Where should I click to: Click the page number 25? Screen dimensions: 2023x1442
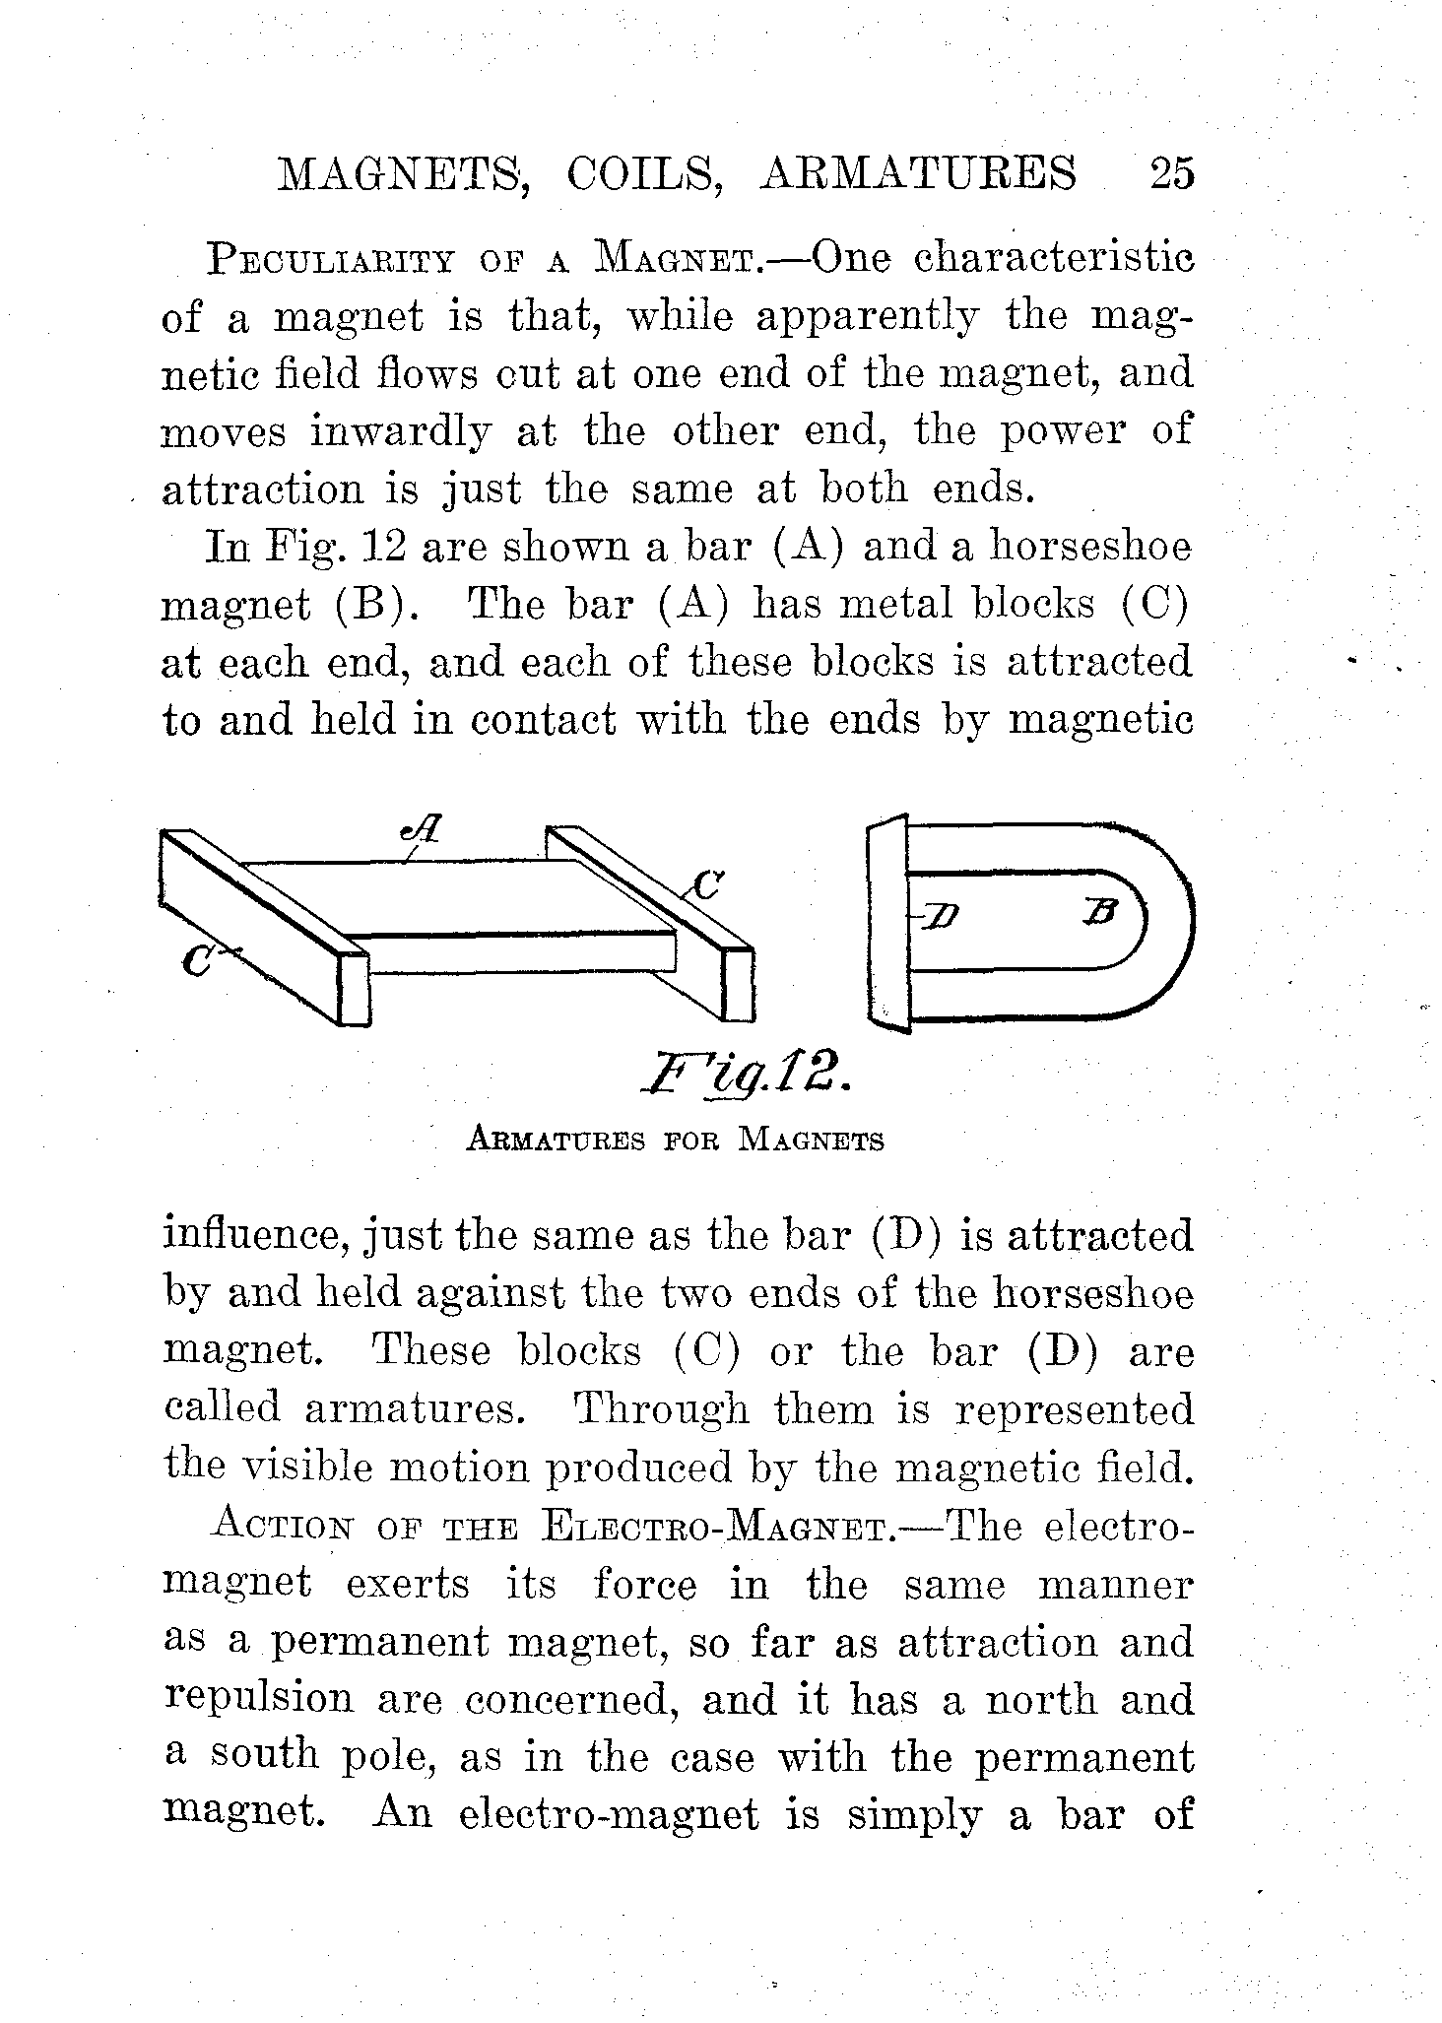[x=1171, y=173]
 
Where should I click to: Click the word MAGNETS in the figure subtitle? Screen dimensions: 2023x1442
[x=812, y=1142]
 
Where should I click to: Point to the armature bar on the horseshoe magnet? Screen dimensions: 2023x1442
[x=888, y=922]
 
